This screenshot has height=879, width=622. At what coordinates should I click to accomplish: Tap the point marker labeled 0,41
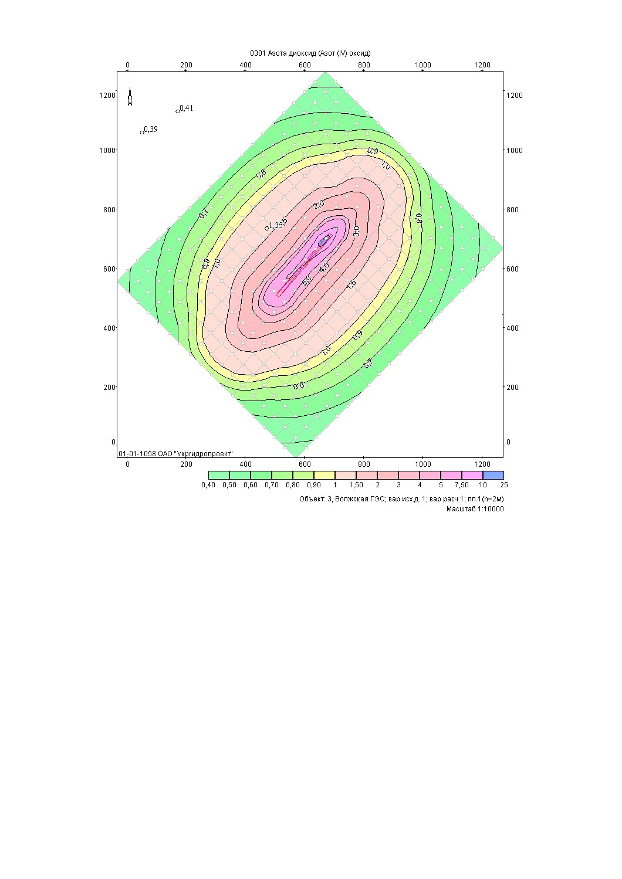pyautogui.click(x=178, y=111)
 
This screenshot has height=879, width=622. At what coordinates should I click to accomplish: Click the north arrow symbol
pyautogui.click(x=130, y=97)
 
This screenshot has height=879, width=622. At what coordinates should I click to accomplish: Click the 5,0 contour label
pyautogui.click(x=306, y=281)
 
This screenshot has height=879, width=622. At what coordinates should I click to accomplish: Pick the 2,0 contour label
pyautogui.click(x=319, y=204)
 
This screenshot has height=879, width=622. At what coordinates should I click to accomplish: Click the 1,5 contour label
pyautogui.click(x=351, y=284)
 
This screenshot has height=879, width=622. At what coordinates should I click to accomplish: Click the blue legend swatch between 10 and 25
pyautogui.click(x=493, y=475)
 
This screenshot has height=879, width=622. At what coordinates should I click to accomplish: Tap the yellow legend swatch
pyautogui.click(x=324, y=475)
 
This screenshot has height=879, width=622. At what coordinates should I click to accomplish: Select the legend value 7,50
pyautogui.click(x=462, y=485)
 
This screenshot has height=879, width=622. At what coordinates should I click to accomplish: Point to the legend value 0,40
pyautogui.click(x=208, y=485)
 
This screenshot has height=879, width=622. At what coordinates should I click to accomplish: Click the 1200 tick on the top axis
pyautogui.click(x=482, y=65)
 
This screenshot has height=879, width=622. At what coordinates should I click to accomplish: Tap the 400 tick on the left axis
pyautogui.click(x=109, y=328)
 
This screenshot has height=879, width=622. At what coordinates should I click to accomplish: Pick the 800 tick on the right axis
pyautogui.click(x=514, y=209)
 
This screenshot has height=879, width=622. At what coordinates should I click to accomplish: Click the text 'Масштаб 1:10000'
pyautogui.click(x=475, y=509)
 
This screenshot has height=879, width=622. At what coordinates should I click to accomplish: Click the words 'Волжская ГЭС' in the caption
pyautogui.click(x=360, y=499)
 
